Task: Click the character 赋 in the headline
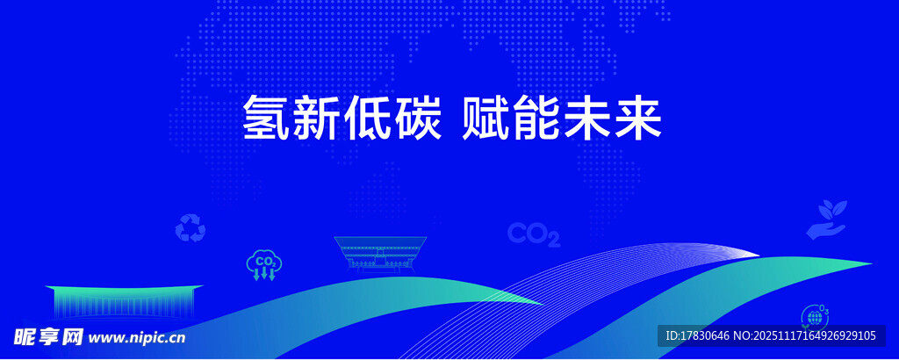point(487,118)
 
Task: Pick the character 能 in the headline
point(537,118)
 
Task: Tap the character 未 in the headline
point(586,118)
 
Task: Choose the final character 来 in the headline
point(636,118)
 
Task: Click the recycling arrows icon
point(190,228)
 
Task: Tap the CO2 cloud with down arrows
point(263,264)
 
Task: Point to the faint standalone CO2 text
point(534,234)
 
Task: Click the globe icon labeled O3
point(815,316)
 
